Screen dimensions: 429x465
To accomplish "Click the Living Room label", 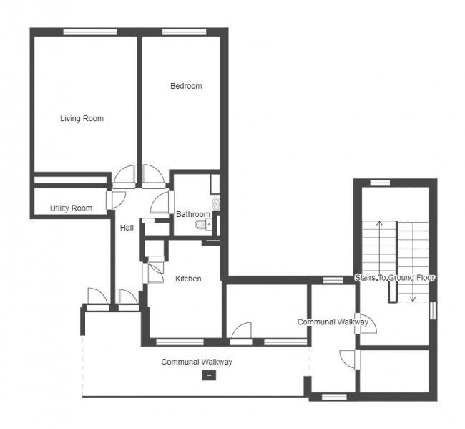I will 82,118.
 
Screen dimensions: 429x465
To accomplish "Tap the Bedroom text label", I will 185,86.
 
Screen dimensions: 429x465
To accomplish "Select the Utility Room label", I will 71,208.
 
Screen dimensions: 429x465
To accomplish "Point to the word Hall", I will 127,228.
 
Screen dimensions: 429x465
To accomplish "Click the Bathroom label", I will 193,214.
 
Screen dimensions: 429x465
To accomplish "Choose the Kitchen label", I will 188,279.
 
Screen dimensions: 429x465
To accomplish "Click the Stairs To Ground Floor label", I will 395,277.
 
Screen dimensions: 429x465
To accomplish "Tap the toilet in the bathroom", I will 201,226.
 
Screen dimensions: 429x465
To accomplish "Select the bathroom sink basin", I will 217,204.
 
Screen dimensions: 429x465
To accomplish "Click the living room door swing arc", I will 125,175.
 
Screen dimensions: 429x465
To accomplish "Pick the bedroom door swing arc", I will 152,174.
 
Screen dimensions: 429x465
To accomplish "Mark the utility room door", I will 117,199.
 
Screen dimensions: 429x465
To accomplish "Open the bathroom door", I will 160,202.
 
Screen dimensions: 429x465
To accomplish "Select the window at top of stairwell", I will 380,183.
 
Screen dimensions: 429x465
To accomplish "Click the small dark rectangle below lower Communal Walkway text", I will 209,375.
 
